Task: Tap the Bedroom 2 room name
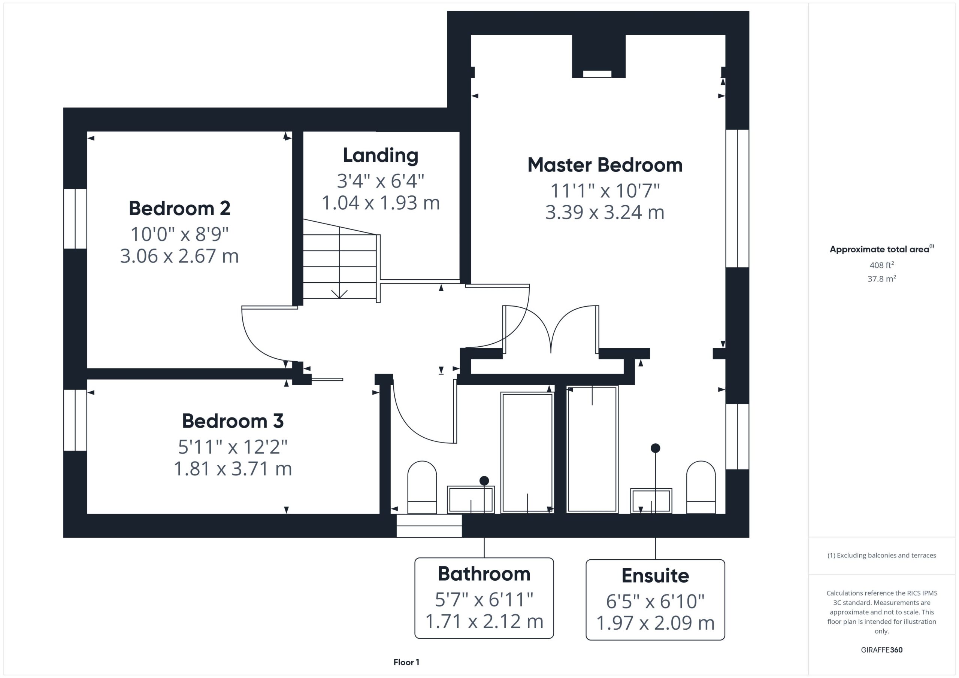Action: (179, 208)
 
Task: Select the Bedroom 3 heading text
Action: (233, 421)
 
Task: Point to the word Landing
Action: (381, 155)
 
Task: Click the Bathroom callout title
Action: (484, 574)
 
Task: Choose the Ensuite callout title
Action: (655, 575)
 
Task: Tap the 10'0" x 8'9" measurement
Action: (179, 234)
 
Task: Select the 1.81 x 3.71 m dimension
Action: (233, 468)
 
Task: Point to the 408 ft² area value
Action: (882, 265)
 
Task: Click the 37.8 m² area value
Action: (882, 279)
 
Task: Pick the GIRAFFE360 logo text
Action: (882, 650)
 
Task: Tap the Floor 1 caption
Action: (406, 662)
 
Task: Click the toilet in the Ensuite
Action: (701, 487)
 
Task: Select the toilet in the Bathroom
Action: (422, 487)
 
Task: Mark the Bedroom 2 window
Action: (75, 219)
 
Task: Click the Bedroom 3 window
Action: (75, 420)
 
